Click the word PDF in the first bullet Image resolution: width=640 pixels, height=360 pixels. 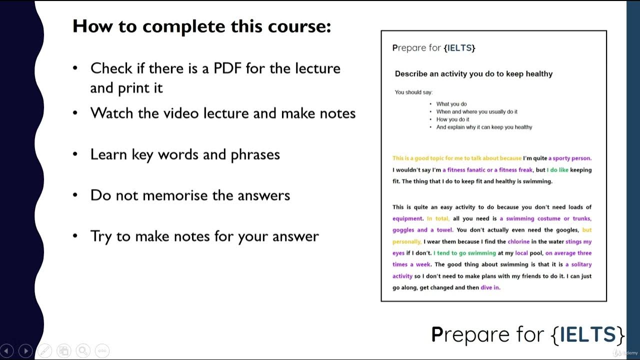tap(227, 68)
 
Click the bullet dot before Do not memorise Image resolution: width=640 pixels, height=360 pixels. tap(75, 195)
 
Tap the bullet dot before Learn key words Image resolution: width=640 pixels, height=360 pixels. tap(75, 154)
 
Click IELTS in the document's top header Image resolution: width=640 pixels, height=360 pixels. tap(459, 48)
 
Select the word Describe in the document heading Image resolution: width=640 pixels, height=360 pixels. tap(411, 74)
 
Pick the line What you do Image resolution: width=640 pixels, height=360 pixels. tap(451, 104)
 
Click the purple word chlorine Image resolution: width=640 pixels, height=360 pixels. tap(518, 241)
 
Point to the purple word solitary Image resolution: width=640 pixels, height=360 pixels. tap(581, 264)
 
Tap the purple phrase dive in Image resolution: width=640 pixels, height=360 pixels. tap(490, 287)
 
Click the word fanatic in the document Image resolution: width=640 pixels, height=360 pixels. tap(470, 170)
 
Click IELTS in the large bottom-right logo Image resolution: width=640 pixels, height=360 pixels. tap(587, 334)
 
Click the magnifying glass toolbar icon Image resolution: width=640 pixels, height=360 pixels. tap(83, 351)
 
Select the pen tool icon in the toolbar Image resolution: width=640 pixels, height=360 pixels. tap(44, 351)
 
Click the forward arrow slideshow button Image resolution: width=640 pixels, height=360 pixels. tap(25, 351)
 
